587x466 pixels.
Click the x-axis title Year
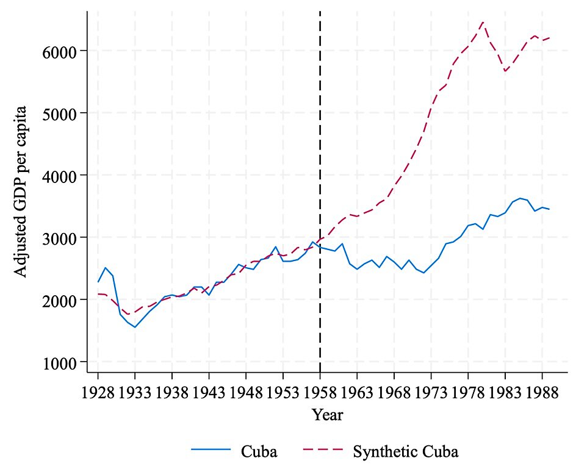328,415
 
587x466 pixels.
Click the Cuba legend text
259,452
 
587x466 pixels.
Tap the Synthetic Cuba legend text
405,452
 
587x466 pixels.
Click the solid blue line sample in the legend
211,451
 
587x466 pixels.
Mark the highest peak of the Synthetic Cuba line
483,21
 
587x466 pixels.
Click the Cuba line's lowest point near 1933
135,327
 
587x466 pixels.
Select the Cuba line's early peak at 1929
106,267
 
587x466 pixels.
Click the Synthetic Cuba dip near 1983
505,71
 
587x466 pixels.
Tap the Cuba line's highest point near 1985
520,198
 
